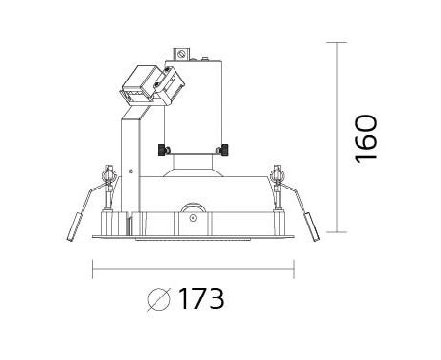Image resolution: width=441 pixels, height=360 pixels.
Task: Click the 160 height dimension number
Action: click(x=366, y=139)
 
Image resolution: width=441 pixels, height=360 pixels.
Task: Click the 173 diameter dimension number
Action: click(x=201, y=298)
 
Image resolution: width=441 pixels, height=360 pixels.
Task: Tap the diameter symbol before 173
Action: click(x=158, y=299)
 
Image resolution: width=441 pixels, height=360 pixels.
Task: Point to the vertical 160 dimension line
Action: click(x=337, y=137)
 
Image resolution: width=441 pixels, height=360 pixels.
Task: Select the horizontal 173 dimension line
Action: click(x=193, y=269)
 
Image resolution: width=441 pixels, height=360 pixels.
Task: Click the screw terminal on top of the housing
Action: click(x=181, y=54)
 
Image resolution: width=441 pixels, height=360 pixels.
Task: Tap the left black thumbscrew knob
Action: click(x=162, y=150)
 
